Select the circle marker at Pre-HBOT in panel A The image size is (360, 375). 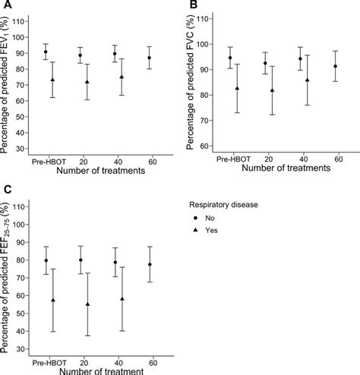pyautogui.click(x=46, y=52)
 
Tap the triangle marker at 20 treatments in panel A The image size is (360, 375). pyautogui.click(x=87, y=82)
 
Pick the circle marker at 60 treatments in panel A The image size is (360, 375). pyautogui.click(x=149, y=58)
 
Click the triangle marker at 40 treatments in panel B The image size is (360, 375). pyautogui.click(x=308, y=80)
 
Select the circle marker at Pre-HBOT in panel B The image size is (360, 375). pyautogui.click(x=230, y=58)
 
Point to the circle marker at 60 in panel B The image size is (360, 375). pyautogui.click(x=336, y=66)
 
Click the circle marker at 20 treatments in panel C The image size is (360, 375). pyautogui.click(x=81, y=260)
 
